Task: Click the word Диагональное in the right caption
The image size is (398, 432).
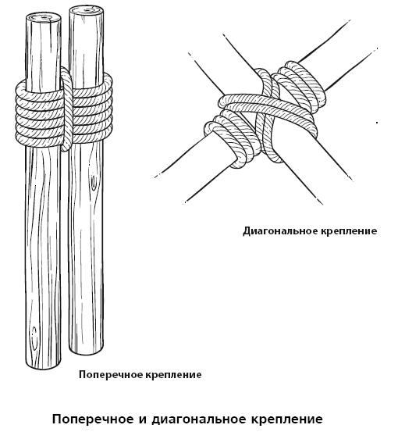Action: click(x=280, y=231)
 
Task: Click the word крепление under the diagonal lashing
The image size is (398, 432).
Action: click(x=349, y=232)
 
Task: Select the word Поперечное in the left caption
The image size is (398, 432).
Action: click(x=110, y=375)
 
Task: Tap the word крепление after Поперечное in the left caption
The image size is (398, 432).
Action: click(x=173, y=375)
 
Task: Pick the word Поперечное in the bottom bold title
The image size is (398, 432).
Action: click(x=93, y=420)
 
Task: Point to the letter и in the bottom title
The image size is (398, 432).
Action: click(x=143, y=420)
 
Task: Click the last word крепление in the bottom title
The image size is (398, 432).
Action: click(x=288, y=420)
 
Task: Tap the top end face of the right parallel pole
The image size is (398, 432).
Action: click(x=86, y=11)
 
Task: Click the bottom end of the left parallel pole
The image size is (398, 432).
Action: click(x=43, y=364)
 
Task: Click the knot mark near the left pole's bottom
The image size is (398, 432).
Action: click(x=34, y=338)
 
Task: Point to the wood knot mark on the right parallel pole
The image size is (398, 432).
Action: click(x=94, y=182)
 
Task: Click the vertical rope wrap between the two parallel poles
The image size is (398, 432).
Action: click(x=66, y=109)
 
